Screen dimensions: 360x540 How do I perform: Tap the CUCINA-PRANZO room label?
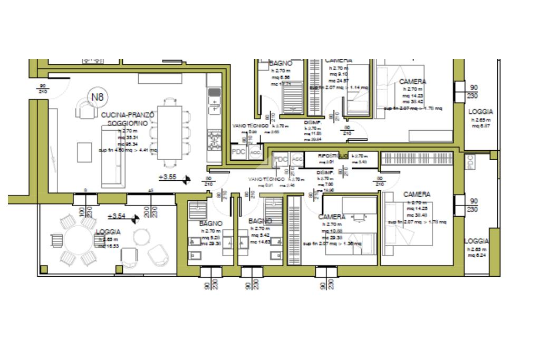(128, 115)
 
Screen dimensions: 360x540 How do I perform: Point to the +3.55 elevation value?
(167, 177)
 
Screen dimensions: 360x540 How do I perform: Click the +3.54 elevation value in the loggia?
(117, 216)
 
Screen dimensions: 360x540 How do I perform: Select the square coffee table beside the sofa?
(85, 152)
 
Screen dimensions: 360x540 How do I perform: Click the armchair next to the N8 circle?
(84, 110)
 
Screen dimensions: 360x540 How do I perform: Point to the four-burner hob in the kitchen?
(215, 140)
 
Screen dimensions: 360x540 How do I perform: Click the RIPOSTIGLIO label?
(332, 156)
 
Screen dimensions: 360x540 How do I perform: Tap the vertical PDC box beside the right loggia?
(470, 164)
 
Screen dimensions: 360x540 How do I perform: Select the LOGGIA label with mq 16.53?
(108, 232)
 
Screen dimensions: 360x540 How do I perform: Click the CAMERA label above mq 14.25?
(417, 194)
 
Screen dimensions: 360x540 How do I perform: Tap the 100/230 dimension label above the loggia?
(85, 212)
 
